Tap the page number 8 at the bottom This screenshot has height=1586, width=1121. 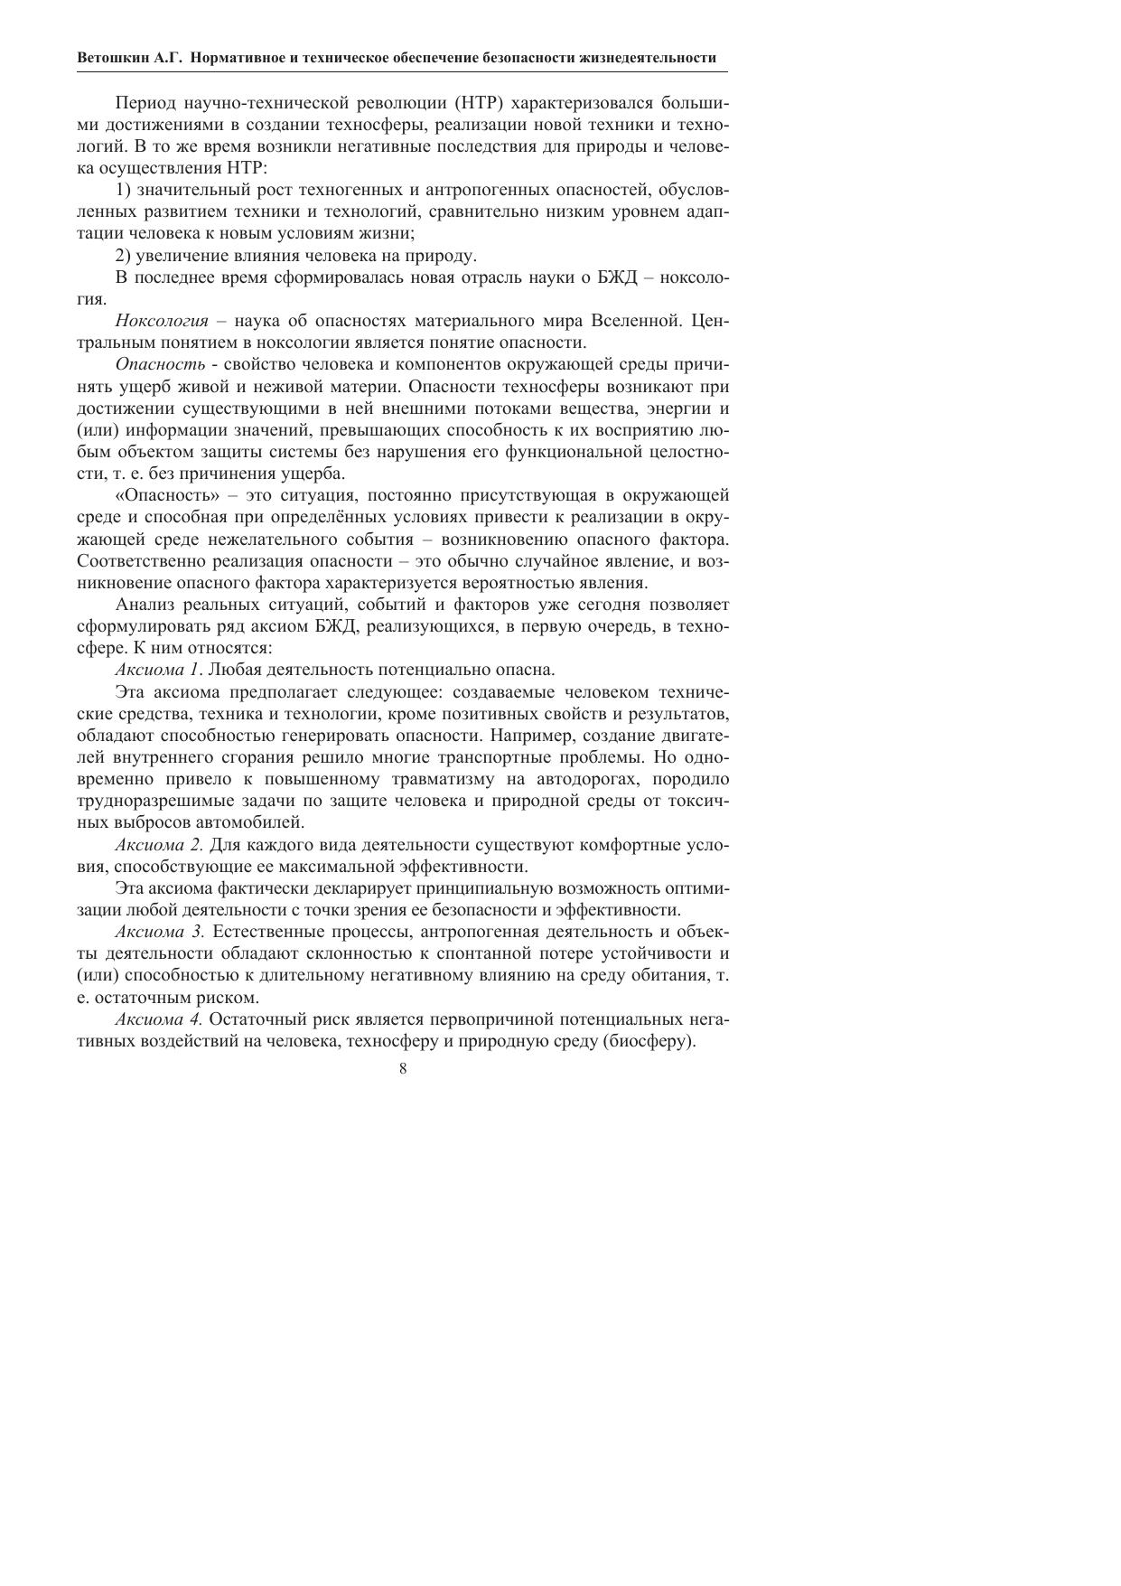point(403,1069)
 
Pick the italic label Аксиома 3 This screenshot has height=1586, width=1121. point(160,932)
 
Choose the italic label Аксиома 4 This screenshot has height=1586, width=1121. point(160,1019)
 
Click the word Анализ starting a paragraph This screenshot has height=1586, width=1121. point(143,605)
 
